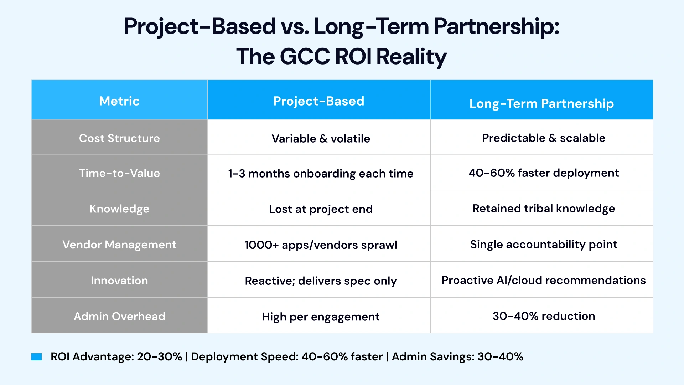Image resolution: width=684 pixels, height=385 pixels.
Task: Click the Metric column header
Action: (x=119, y=101)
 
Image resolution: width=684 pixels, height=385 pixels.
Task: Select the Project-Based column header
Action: (x=318, y=101)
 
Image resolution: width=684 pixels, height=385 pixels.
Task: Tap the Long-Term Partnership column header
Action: (x=541, y=103)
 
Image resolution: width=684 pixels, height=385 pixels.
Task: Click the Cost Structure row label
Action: (x=119, y=138)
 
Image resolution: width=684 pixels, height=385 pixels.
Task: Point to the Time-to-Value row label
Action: (x=119, y=173)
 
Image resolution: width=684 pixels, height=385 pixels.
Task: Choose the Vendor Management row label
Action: (x=119, y=245)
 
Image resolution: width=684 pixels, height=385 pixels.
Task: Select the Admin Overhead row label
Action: (x=119, y=316)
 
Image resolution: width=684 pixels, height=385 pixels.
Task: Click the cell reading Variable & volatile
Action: (x=321, y=138)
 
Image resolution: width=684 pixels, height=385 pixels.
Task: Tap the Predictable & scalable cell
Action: (x=544, y=138)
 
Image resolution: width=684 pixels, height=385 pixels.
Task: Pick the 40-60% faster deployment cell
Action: (x=544, y=173)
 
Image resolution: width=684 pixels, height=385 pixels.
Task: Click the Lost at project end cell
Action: (x=321, y=209)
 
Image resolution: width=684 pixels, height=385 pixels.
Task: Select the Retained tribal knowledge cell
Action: (x=544, y=209)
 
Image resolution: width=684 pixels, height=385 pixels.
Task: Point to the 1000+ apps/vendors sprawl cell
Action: (x=321, y=245)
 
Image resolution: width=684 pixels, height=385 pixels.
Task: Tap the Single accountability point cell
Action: (x=544, y=244)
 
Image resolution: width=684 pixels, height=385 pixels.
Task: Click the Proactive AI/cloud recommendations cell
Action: (x=544, y=280)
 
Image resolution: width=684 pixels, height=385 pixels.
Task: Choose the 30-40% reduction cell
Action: (x=544, y=316)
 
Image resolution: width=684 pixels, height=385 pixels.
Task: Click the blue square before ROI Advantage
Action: (x=37, y=357)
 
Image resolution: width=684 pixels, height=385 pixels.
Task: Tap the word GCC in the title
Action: (x=305, y=57)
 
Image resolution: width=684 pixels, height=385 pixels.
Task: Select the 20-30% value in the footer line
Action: (x=159, y=356)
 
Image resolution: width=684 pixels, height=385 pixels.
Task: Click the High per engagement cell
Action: (x=321, y=317)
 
